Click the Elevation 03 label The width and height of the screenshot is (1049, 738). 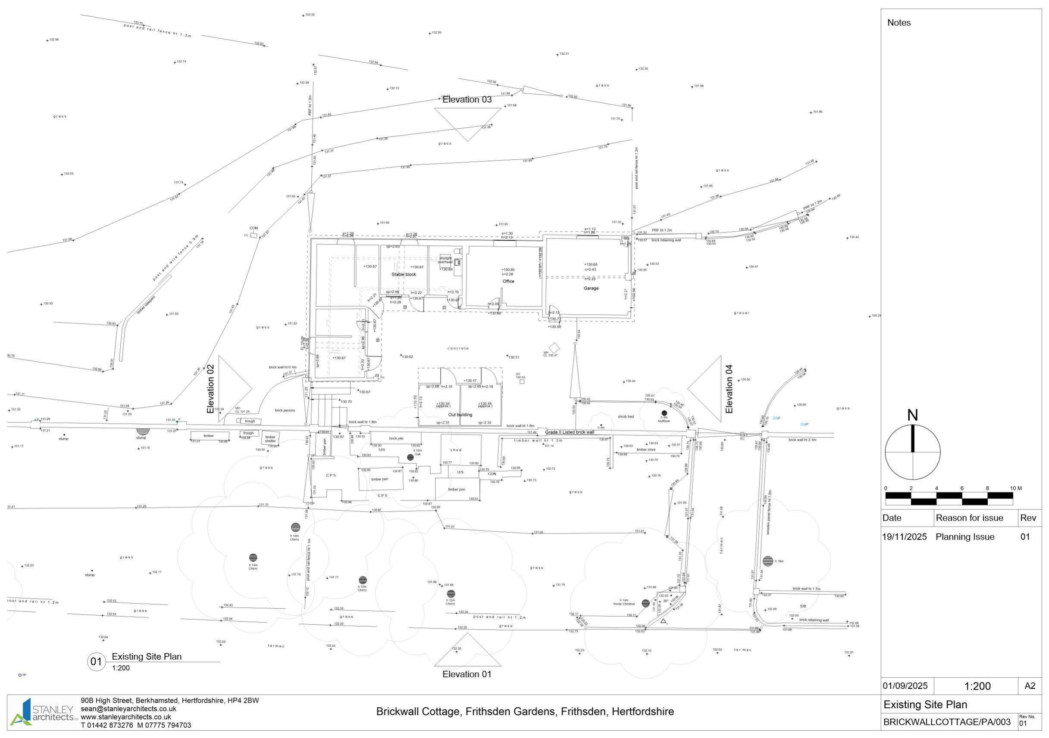pos(467,99)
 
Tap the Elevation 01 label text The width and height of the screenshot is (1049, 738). pos(467,674)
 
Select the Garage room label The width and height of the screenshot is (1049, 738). pos(591,288)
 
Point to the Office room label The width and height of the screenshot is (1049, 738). pos(508,281)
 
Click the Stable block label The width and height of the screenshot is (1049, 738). pos(404,274)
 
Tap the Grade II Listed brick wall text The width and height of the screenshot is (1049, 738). pos(570,432)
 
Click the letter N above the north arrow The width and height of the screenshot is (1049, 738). pos(912,416)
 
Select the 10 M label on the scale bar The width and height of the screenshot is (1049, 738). pos(1016,488)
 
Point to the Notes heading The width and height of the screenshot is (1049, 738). pos(899,23)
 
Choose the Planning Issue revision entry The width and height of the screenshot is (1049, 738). pos(965,537)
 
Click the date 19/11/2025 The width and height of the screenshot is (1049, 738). pos(904,537)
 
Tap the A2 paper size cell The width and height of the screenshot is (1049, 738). pos(1030,686)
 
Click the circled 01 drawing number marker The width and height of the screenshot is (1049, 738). pos(96,661)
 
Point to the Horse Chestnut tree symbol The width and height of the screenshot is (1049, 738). pos(645,603)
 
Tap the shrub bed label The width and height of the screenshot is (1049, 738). pos(626,417)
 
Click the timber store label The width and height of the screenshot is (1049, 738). pos(646,450)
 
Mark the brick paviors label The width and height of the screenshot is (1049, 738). pos(285,410)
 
